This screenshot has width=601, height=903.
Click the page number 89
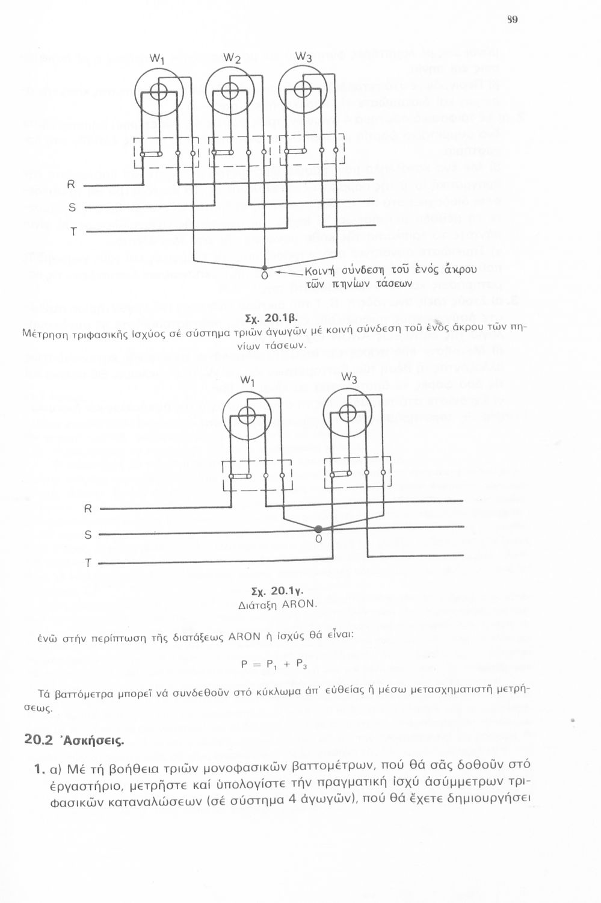513,19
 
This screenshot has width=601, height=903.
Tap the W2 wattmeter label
232,58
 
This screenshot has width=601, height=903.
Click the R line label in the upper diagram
71,184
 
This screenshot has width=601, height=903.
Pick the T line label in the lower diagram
88,563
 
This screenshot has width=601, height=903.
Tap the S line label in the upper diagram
72,208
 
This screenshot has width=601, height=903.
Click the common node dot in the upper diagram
265,267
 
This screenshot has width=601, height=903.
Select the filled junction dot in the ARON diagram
317,529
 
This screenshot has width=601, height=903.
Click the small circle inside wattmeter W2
230,90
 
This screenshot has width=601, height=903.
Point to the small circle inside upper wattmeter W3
303,90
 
